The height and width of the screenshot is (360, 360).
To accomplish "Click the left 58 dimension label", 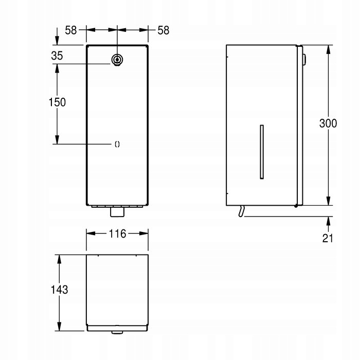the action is coord(71,30).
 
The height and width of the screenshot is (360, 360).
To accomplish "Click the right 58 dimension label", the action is coord(163,30).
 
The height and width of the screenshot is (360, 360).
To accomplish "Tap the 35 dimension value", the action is coord(57,56).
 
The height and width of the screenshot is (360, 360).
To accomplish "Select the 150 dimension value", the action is coord(57,102).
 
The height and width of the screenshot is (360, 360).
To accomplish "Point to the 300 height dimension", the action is coord(328,123).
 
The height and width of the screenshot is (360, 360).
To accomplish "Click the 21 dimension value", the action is coord(328,238).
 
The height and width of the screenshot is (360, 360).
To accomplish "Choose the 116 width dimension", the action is coord(117,233).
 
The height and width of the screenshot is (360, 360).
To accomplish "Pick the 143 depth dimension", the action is coord(59,290).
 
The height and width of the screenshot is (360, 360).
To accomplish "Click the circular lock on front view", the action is coord(117,60).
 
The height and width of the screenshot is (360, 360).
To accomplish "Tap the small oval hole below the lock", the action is coord(117,144).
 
